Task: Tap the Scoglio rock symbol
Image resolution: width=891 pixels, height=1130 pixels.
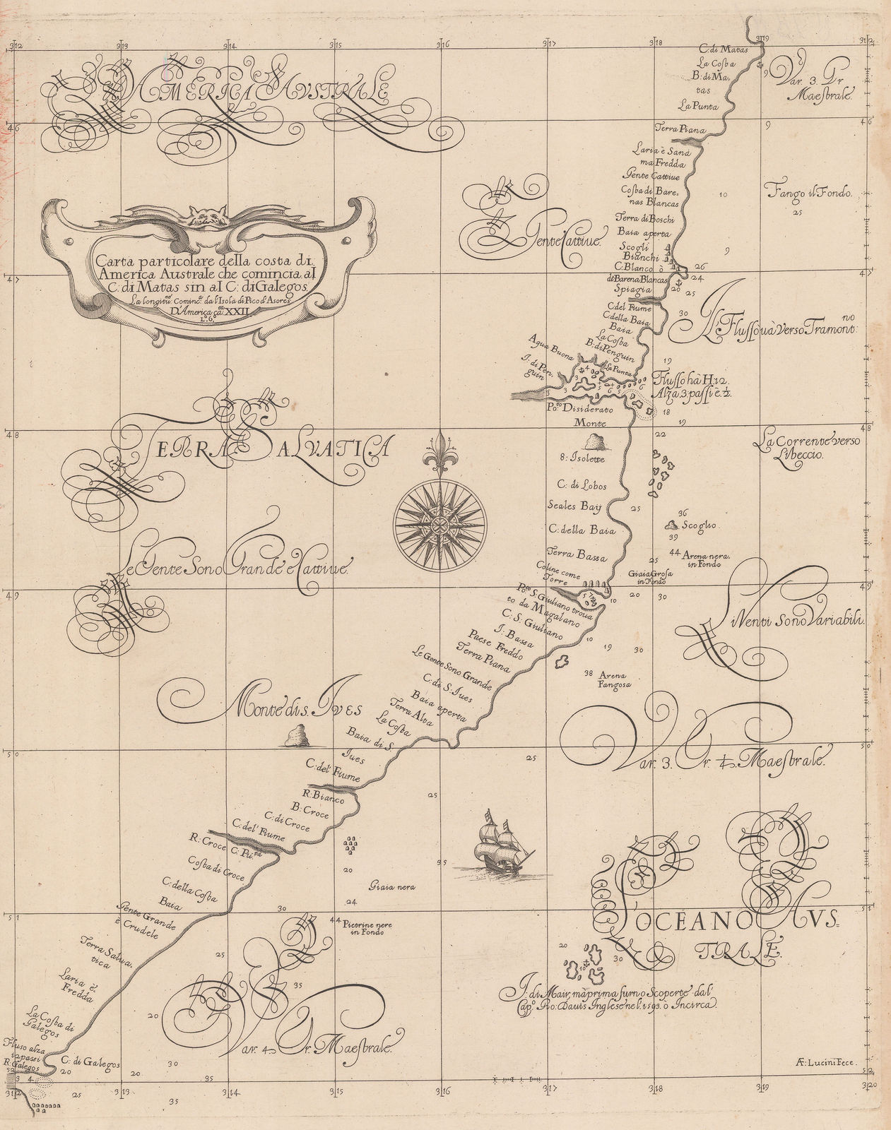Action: point(669,525)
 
